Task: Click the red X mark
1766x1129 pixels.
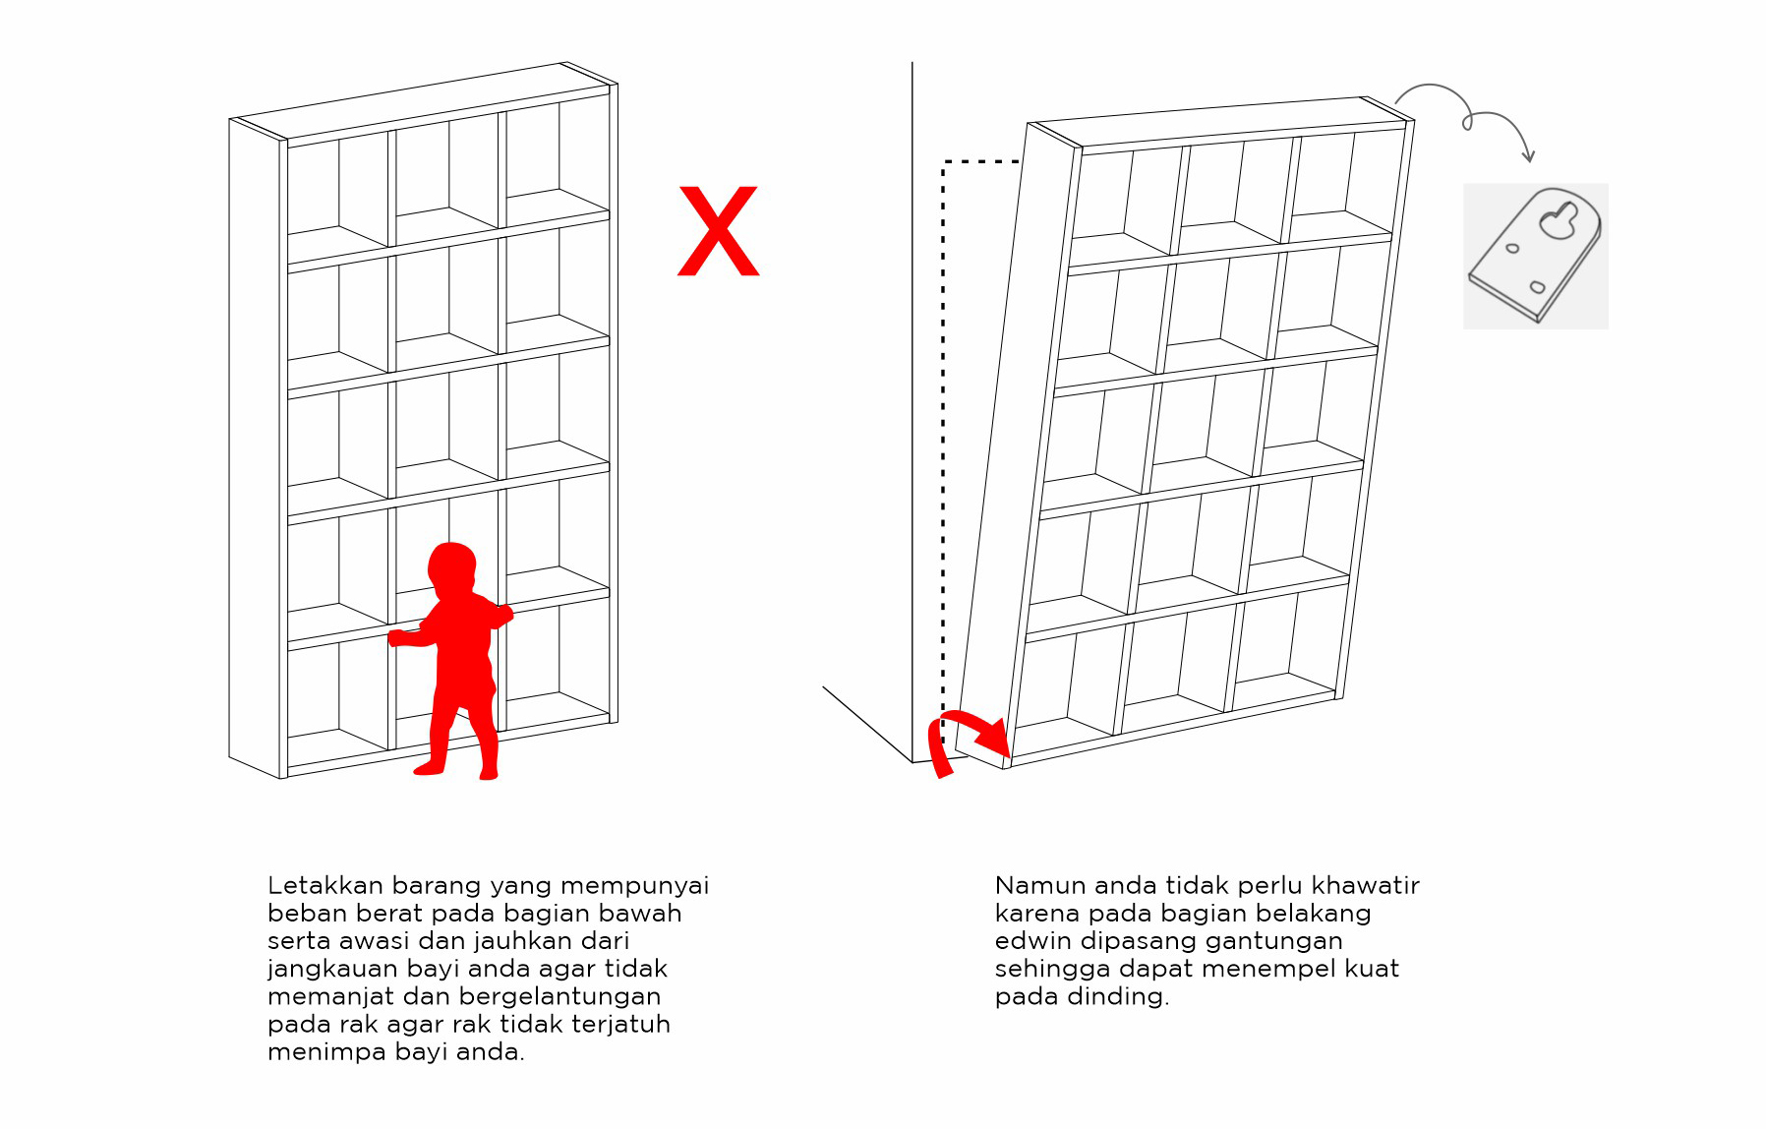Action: coord(719,231)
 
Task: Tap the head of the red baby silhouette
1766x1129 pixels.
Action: coord(452,569)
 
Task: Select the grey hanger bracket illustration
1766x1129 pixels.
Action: coord(1535,255)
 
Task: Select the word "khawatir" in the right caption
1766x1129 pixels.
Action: coord(1366,885)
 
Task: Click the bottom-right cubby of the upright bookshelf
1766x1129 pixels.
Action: coord(557,666)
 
